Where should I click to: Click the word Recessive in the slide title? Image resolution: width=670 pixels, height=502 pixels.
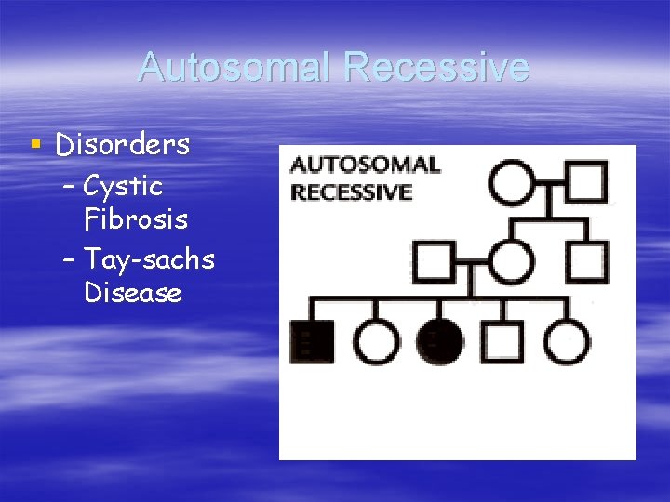click(435, 68)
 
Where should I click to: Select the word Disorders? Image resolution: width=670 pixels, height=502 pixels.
click(123, 145)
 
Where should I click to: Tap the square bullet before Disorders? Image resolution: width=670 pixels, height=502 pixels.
click(35, 144)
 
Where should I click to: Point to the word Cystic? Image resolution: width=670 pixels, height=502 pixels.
click(123, 186)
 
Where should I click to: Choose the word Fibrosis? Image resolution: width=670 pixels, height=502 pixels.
click(135, 220)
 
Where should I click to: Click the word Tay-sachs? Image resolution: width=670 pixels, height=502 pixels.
click(149, 259)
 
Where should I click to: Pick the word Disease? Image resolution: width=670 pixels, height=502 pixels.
click(132, 293)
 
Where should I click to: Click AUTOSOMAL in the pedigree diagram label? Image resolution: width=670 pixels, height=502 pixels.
click(365, 165)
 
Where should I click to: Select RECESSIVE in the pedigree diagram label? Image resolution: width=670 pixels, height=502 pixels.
click(351, 192)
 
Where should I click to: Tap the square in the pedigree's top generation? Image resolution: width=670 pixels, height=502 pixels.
click(586, 182)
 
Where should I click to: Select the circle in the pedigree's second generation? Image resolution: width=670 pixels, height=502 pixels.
click(512, 261)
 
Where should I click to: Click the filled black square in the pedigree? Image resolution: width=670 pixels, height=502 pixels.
click(313, 341)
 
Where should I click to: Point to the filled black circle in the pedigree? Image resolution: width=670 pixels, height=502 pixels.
click(440, 341)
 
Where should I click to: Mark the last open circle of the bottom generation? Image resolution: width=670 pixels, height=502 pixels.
click(566, 341)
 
